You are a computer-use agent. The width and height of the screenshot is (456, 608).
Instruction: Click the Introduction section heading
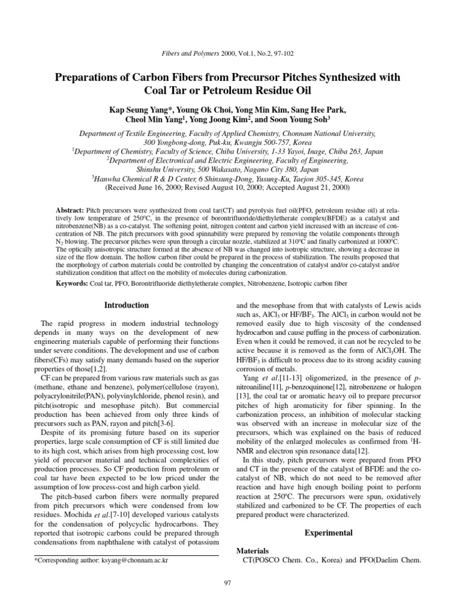pyautogui.click(x=126, y=305)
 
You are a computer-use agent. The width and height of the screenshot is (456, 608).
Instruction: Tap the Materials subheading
pyautogui.click(x=253, y=550)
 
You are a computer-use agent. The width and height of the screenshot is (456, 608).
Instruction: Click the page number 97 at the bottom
pyautogui.click(x=227, y=584)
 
